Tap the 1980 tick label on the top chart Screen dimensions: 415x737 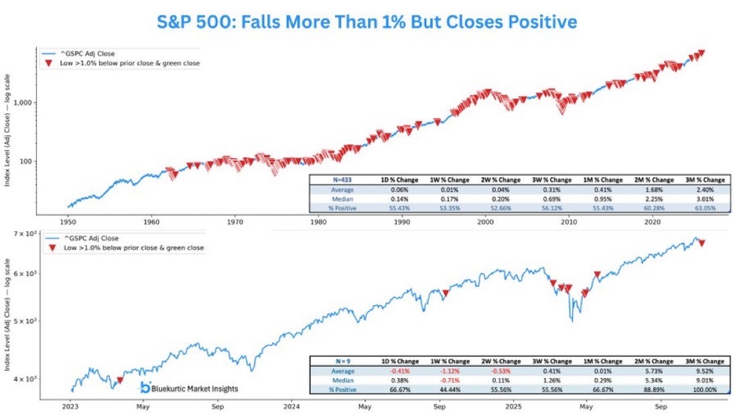tap(318, 221)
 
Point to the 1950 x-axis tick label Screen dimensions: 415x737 tap(67, 221)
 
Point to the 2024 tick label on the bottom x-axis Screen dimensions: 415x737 tap(291, 406)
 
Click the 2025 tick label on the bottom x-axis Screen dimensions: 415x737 tap(513, 406)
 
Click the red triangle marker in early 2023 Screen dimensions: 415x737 tap(120, 380)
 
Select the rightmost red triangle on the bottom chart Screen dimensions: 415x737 tap(701, 243)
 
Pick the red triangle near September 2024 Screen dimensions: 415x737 tap(445, 293)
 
